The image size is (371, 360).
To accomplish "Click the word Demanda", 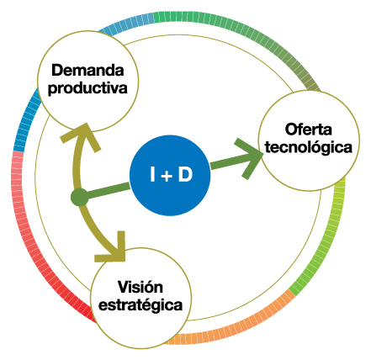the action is point(87,70).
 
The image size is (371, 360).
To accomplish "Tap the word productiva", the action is point(87,87).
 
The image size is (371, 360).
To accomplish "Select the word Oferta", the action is point(309,130).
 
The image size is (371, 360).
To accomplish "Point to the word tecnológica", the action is point(309,146).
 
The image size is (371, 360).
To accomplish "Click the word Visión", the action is point(140,287).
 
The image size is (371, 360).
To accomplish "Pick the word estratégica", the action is point(140,304).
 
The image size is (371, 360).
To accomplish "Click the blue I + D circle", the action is point(170,176).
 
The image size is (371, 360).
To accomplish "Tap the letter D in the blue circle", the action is point(185,174).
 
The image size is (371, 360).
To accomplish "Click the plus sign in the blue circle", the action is point(167,177).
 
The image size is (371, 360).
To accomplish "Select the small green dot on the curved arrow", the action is point(80,198).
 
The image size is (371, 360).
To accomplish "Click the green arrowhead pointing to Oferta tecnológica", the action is point(250,158).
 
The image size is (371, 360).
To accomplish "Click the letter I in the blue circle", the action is point(152,174).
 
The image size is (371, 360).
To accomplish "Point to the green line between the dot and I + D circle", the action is point(109,190).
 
